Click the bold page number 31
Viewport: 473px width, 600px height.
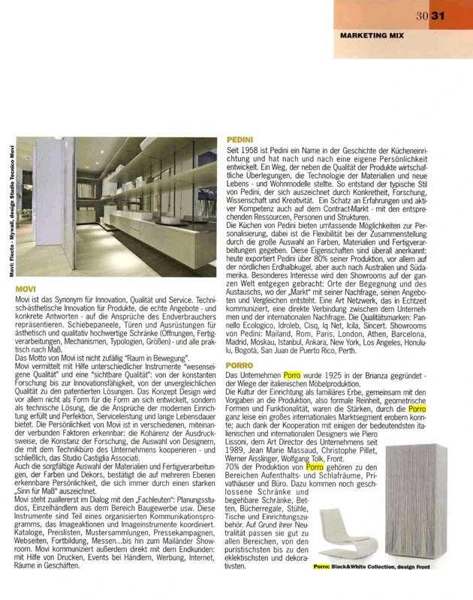(x=437, y=16)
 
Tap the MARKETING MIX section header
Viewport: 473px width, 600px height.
(x=373, y=35)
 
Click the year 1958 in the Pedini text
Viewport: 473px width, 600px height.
(x=249, y=151)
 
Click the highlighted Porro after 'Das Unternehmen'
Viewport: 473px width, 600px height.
(x=294, y=373)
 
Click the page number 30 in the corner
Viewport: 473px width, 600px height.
(x=422, y=16)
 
